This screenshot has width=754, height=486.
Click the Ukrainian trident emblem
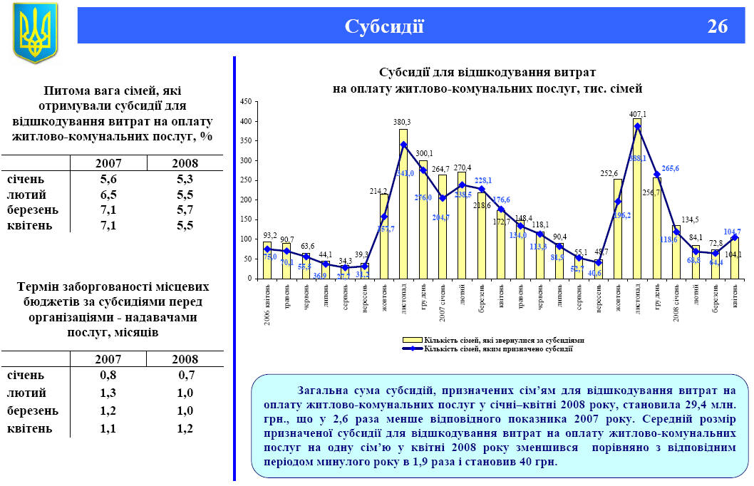point(34,32)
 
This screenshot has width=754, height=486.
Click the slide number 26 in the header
point(718,27)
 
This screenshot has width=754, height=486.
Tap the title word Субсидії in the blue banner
point(384,27)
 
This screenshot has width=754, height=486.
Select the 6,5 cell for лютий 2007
point(108,195)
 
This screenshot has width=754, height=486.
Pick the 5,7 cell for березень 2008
point(184,210)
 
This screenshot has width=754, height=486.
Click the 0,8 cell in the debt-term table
point(108,375)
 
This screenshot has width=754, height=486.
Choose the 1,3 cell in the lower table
point(108,393)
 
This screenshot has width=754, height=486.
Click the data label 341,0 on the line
point(404,172)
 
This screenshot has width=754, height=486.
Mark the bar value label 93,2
point(269,234)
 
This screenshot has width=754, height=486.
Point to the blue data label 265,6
point(671,169)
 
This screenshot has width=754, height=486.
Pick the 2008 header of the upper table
point(184,163)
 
